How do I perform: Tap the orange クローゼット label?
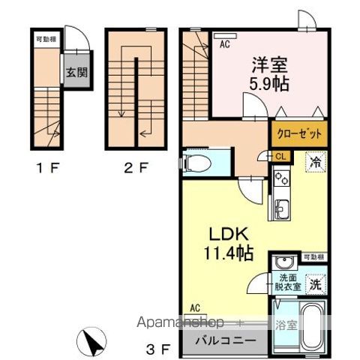coord(298,133)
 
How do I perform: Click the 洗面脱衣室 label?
coord(285,281)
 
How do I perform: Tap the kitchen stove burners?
coord(281,179)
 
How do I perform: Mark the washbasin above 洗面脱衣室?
coord(285,262)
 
